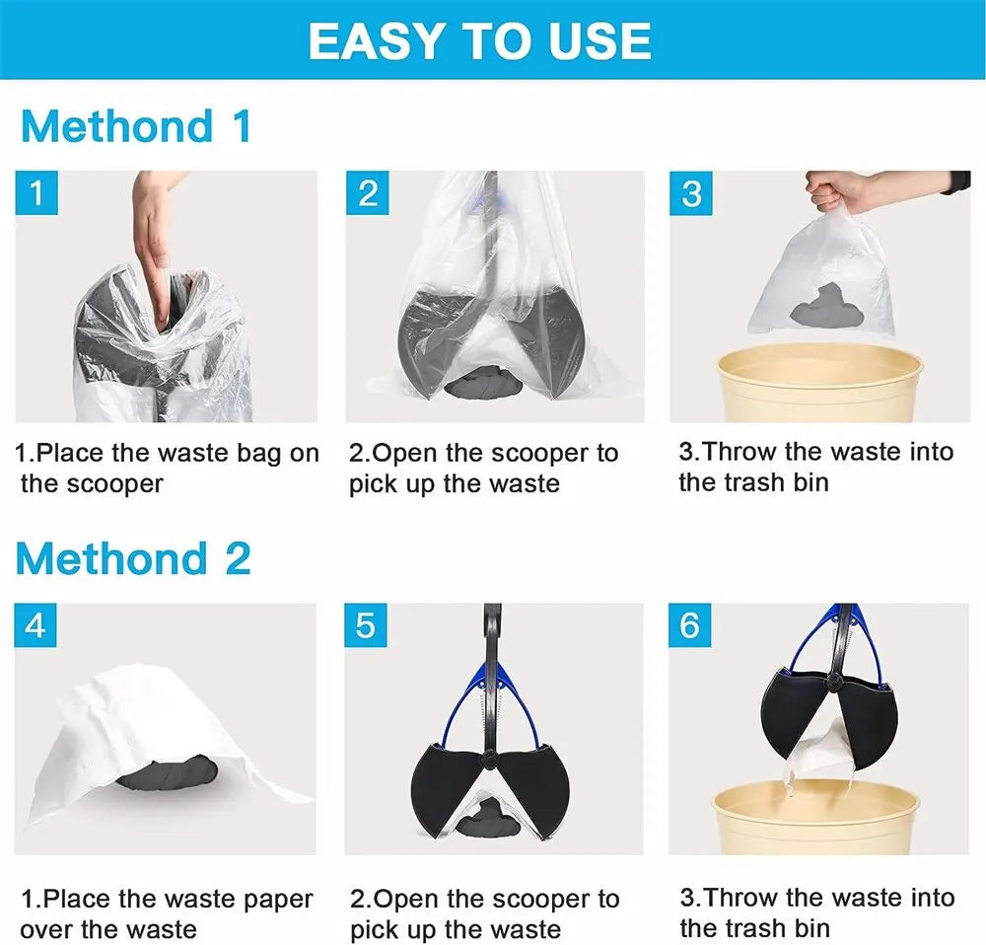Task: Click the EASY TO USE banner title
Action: coord(479,40)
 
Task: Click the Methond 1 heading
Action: coord(135,127)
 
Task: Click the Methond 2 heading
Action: coord(133,559)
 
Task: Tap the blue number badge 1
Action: coord(36,193)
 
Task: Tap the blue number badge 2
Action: coord(367,193)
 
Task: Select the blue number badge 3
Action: coord(691,193)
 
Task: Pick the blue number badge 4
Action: coord(35,625)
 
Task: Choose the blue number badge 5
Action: coord(366,625)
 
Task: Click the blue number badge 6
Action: coord(690,625)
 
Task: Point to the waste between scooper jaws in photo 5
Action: coord(492,815)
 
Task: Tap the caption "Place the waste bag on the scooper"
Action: coord(166,469)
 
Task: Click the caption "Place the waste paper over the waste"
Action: coord(166,913)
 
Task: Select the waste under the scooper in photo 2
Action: coord(489,383)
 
